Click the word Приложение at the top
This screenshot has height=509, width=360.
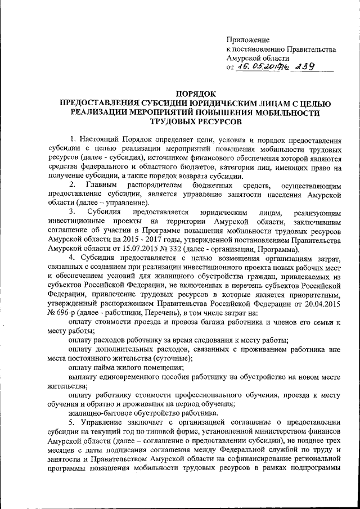pyautogui.click(x=247, y=39)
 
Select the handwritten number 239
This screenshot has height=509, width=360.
pyautogui.click(x=302, y=66)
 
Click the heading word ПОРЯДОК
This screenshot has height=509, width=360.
pyautogui.click(x=195, y=93)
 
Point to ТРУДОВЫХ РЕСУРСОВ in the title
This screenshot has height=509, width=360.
pyautogui.click(x=195, y=120)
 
